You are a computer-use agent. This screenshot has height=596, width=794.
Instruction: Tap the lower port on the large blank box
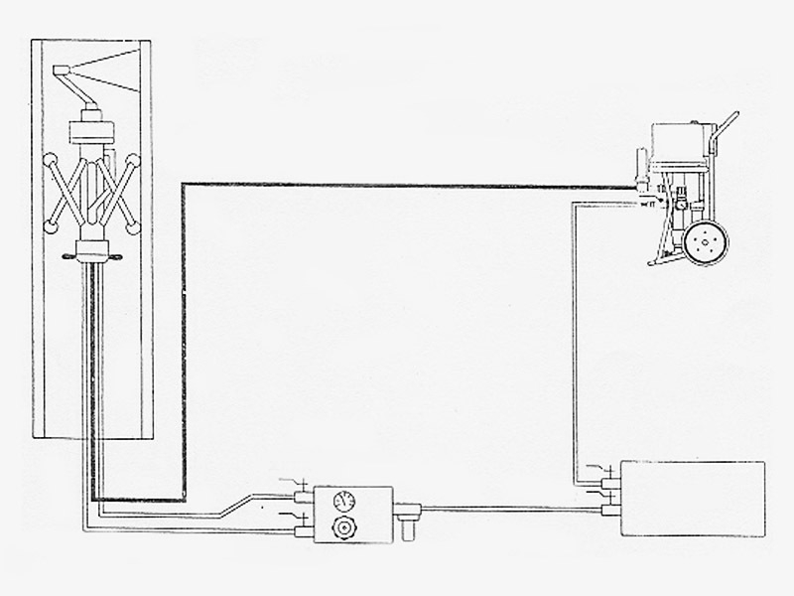(x=608, y=511)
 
